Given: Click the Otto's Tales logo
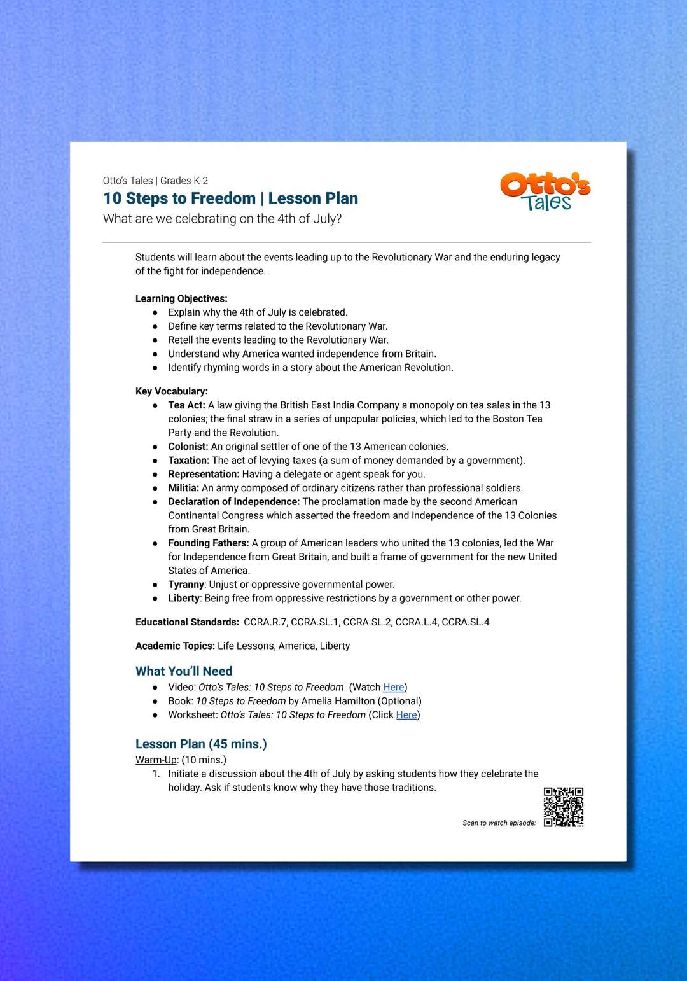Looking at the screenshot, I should tap(545, 191).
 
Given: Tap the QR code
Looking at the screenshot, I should tap(564, 807).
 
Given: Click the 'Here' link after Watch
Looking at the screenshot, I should tap(393, 687).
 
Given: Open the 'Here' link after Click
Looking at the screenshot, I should tap(406, 714).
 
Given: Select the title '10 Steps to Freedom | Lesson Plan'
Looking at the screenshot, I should tap(230, 198).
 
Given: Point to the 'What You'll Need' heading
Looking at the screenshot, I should tap(184, 671).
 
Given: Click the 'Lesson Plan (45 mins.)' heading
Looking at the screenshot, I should tap(201, 744).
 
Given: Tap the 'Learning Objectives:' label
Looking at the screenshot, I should tap(181, 298).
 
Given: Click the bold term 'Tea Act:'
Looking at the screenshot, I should tap(186, 405).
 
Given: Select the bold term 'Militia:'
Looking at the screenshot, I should tap(183, 488).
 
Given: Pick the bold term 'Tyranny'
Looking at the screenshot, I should tap(186, 585).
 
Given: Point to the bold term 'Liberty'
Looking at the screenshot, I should tap(184, 598).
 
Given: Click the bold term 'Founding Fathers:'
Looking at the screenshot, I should tap(208, 543).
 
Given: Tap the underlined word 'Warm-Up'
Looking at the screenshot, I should tap(156, 760).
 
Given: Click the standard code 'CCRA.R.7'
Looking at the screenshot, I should tap(265, 622).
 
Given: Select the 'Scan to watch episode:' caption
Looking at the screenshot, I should tap(499, 823).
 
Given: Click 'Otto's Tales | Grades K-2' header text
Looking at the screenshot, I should tap(155, 181).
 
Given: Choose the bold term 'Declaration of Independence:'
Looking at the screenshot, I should tap(233, 502).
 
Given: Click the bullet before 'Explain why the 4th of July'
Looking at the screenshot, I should tap(155, 312).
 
